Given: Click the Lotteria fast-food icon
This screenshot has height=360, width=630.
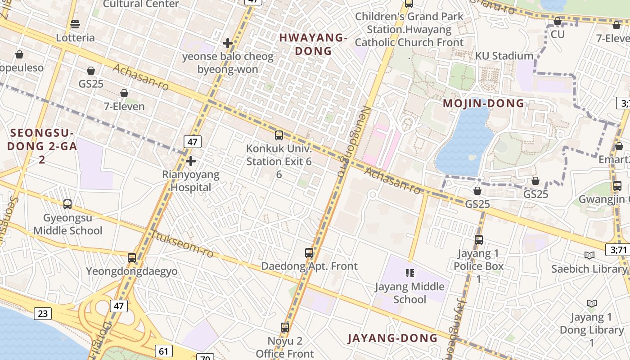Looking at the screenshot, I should point(75,24).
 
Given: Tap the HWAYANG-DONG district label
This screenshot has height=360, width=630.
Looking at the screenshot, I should point(313,45).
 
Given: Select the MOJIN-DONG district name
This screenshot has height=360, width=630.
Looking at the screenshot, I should point(484,103).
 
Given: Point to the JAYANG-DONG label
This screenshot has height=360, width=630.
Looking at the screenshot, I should point(393,338).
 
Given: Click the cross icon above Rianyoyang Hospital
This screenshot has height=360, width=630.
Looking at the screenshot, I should point(191,161).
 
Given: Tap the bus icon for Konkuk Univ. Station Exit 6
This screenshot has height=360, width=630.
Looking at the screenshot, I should point(279,135).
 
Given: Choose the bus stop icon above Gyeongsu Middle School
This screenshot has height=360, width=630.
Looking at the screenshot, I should point(67,204).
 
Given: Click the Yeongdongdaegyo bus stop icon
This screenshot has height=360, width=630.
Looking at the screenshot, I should point(131,258).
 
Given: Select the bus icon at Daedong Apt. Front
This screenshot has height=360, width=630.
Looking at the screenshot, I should point(309,253).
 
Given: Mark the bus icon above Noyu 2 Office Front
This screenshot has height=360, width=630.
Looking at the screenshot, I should point(284,328).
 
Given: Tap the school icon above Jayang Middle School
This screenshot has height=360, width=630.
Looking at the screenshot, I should point(409,273).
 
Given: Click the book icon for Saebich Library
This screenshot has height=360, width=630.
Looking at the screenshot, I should point(589,256).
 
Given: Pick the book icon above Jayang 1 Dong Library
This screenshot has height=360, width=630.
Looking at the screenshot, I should point(592,304).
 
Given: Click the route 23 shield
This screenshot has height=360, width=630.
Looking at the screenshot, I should point(43,313).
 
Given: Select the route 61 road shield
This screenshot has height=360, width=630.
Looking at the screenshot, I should point(163,351).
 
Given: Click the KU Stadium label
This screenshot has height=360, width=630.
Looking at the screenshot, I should point(504,56).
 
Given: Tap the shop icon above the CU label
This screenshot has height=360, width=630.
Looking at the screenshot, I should point(557,21).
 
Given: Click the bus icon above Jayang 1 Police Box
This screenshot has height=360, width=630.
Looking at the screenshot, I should point(479,240).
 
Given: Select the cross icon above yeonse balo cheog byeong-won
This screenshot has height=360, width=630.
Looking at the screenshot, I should point(228,43).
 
